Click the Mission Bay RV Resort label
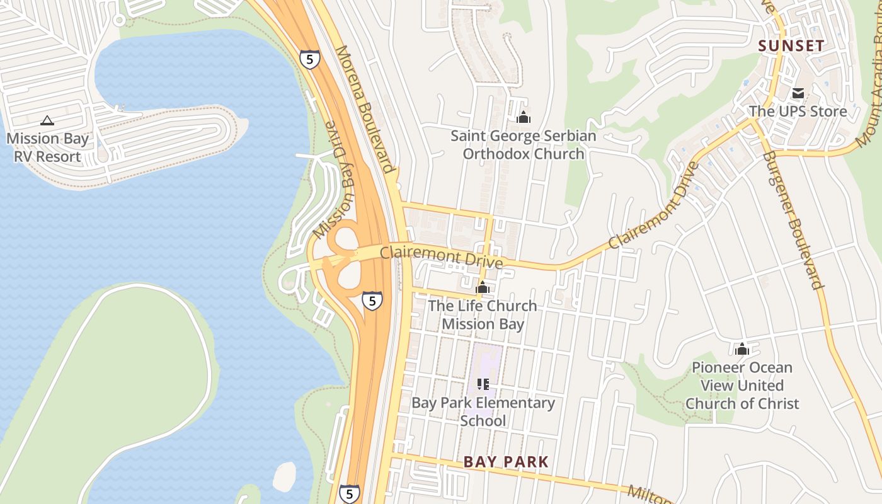tap(47, 147)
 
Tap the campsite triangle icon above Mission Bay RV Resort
tap(47, 120)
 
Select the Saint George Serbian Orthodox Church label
tap(523, 144)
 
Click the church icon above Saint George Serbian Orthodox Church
tap(523, 117)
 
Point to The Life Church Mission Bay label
tap(483, 315)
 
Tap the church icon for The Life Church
tap(483, 289)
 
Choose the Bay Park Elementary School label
tap(483, 411)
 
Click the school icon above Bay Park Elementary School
tap(483, 384)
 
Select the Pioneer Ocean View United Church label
tap(742, 385)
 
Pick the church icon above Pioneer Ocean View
tap(742, 348)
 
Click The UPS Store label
tap(798, 112)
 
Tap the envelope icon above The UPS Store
tap(798, 93)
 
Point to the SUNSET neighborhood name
tap(791, 45)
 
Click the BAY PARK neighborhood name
tap(506, 462)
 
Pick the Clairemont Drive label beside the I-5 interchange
tap(441, 256)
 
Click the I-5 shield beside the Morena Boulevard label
tap(310, 59)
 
